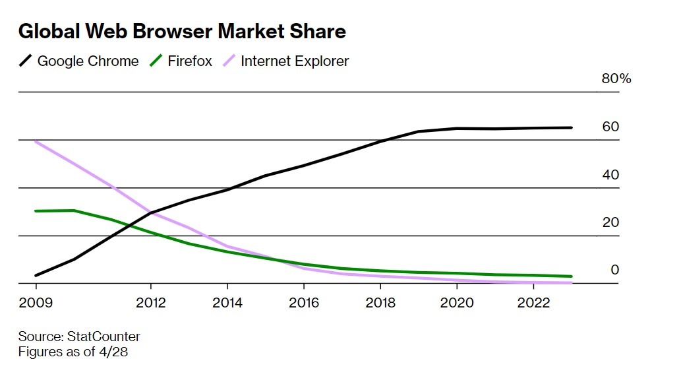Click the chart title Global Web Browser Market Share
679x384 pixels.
182,31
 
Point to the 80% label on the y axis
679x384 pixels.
616,79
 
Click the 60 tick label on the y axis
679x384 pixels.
610,127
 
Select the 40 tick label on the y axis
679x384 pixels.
610,175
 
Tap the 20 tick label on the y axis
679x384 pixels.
610,222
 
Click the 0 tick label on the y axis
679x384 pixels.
614,270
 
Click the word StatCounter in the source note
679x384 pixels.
103,336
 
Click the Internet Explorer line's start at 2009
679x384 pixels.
36,141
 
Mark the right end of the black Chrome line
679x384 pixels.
571,127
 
